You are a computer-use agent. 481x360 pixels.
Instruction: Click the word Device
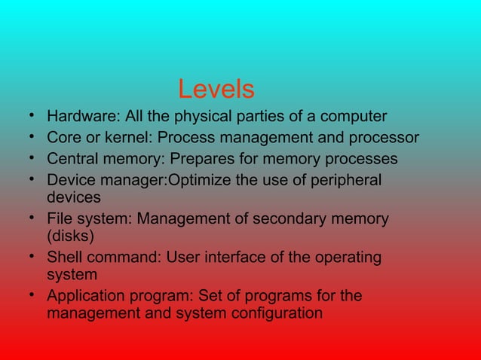tap(69, 181)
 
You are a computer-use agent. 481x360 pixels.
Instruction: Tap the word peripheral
tap(346, 181)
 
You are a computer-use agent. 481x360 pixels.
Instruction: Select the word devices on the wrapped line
tap(74, 197)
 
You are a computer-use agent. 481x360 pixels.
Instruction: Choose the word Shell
tap(64, 258)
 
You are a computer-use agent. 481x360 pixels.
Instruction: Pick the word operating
tap(345, 258)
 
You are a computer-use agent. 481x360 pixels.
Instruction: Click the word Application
tap(85, 296)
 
